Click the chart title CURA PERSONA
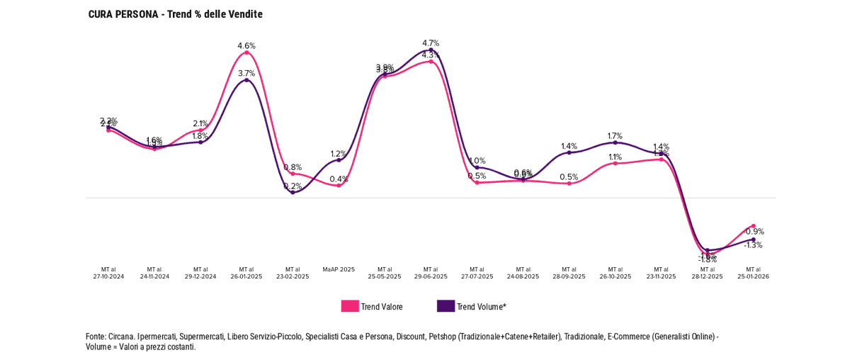point(175,14)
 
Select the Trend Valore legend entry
point(372,307)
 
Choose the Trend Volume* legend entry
point(472,307)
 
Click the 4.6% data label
point(246,46)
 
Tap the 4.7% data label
point(431,43)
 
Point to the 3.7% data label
point(246,74)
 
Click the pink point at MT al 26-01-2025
point(246,52)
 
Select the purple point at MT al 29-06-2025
point(431,50)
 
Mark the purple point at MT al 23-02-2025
point(293,193)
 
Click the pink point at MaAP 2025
point(339,186)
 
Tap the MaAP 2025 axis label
point(339,269)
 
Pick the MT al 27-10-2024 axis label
point(108,273)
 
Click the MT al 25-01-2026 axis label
point(753,273)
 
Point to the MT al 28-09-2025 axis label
point(569,273)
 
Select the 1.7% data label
point(615,136)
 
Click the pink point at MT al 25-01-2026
point(753,226)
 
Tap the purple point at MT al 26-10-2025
point(615,142)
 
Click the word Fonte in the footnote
point(96,337)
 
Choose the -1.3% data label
point(753,245)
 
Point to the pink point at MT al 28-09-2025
point(569,184)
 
